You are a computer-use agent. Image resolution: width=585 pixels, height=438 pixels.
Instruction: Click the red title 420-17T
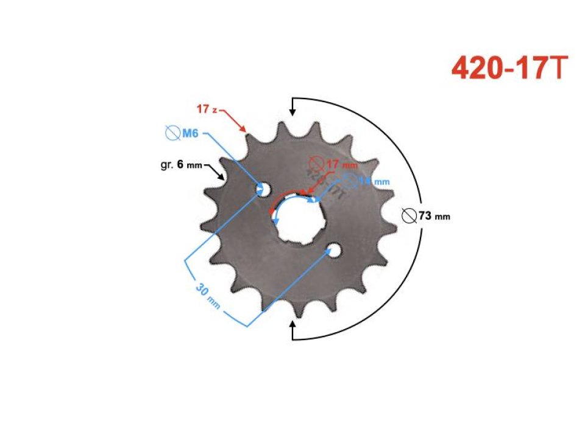coord(509,69)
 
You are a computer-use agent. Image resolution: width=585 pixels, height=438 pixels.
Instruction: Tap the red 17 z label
coord(207,109)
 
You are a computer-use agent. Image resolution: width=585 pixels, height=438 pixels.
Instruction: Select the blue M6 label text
coord(191,133)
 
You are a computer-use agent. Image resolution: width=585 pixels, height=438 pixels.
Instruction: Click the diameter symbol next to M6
coord(172,133)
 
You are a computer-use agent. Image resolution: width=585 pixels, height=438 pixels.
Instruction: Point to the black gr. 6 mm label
coord(177,165)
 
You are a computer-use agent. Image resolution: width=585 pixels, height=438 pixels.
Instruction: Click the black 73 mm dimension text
coord(434,215)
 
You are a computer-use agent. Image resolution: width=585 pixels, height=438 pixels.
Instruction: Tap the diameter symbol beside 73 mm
coord(410,215)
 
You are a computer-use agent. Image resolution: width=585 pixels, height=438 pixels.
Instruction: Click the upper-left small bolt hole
coord(263,189)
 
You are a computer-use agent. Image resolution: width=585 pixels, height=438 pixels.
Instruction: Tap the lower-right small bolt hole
coord(333,250)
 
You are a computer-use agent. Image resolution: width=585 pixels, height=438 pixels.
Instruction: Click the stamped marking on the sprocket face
coord(326,182)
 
